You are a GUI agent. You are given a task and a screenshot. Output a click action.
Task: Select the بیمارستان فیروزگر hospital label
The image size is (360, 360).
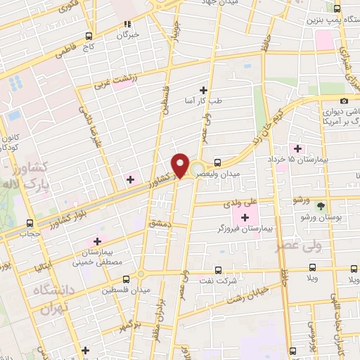point(241,229)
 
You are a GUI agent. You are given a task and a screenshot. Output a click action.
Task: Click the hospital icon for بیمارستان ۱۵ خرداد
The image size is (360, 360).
point(298,148)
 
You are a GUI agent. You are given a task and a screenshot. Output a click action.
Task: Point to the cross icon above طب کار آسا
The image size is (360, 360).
point(204,89)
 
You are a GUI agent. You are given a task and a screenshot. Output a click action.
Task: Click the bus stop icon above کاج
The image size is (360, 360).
point(89,36)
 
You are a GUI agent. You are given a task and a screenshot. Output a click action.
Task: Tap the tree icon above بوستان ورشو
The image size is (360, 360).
point(321,205)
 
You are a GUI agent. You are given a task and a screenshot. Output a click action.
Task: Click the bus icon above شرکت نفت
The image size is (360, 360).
point(217,269)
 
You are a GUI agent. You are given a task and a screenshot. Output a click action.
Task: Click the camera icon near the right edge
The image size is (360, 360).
point(345,101)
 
